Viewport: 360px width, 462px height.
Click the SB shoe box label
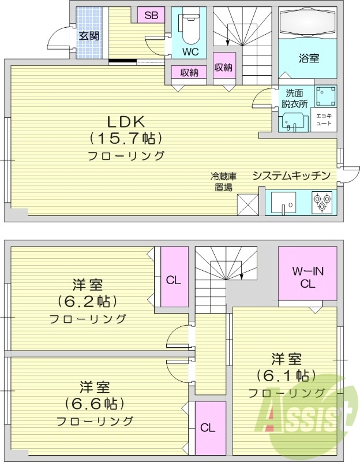[151, 16]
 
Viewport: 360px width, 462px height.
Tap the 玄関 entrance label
[89, 36]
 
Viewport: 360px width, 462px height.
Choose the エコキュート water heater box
[324, 120]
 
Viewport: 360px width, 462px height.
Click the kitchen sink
[283, 203]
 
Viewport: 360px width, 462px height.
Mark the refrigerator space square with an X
[248, 205]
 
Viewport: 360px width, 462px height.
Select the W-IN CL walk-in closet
[307, 273]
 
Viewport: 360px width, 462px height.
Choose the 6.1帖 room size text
[286, 375]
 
